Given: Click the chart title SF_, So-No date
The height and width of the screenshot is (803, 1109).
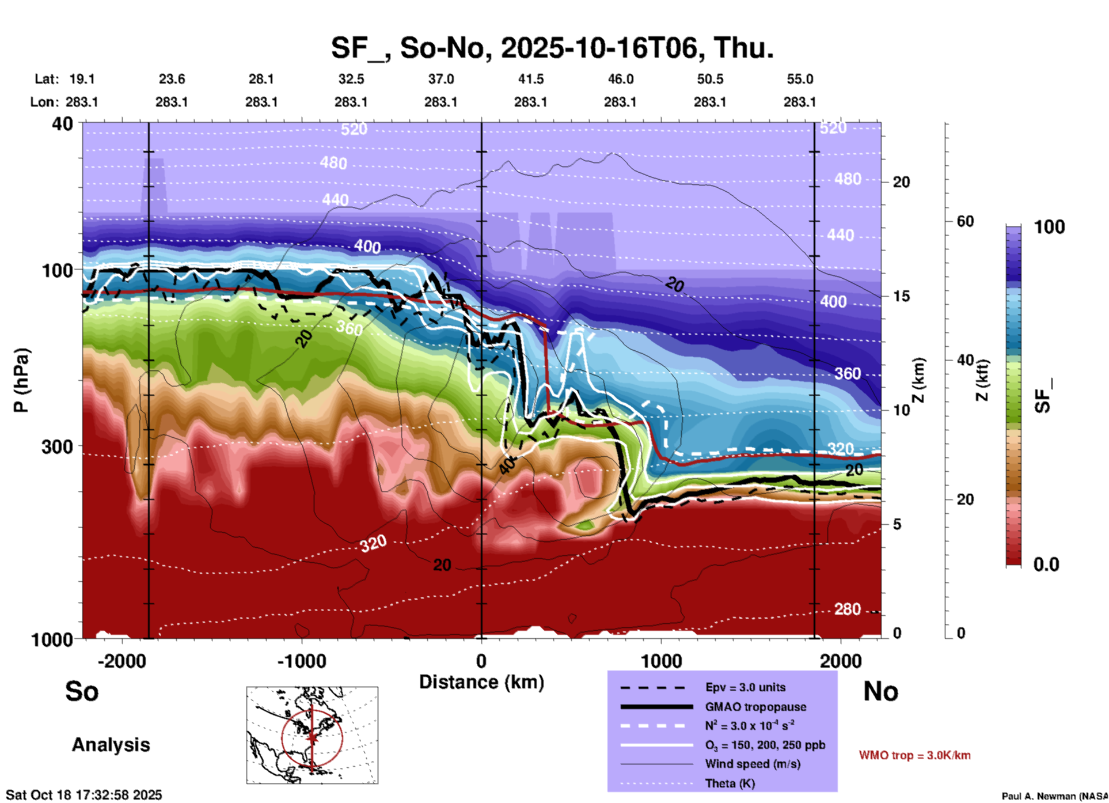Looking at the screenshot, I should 552,48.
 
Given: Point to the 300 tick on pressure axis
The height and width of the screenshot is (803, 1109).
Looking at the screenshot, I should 58,446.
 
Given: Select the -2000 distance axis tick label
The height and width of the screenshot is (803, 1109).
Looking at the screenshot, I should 121,661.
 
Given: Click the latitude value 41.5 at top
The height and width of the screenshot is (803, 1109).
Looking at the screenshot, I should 530,79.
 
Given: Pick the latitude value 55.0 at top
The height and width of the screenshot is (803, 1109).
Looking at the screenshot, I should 800,79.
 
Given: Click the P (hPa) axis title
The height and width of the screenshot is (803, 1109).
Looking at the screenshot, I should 21,380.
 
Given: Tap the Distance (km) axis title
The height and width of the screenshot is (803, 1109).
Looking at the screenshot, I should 481,682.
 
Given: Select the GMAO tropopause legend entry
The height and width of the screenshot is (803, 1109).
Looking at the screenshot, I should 755,707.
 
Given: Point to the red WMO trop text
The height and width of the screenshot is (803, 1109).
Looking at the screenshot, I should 914,755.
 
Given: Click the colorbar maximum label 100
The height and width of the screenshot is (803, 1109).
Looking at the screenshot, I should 1049,227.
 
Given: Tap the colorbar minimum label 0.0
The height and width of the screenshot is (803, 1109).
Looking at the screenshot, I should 1046,565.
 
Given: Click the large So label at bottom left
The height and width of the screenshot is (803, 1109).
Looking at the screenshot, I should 82,691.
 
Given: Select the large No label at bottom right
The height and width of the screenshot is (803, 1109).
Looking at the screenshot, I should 880,691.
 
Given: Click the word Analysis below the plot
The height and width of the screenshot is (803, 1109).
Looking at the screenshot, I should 111,745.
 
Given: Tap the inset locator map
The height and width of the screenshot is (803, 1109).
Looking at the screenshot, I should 312,735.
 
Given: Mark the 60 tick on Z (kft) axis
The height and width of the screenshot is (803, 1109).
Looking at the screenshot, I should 965,221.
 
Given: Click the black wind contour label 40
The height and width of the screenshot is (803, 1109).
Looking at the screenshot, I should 507,465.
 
